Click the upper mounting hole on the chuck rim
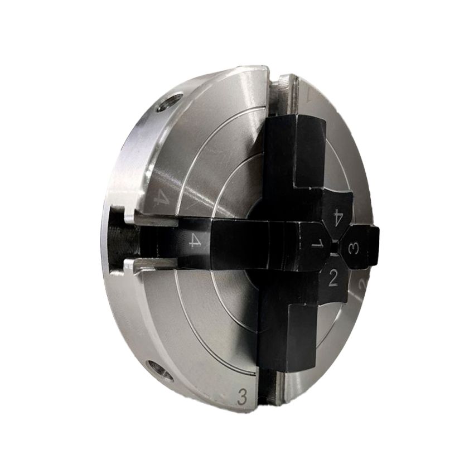click(x=170, y=103)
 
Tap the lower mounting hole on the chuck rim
click(x=160, y=370)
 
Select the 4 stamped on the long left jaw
click(x=195, y=241)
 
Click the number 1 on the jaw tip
click(x=317, y=244)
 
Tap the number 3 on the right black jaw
click(x=353, y=249)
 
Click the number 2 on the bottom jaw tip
click(x=333, y=277)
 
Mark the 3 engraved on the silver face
click(x=242, y=396)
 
